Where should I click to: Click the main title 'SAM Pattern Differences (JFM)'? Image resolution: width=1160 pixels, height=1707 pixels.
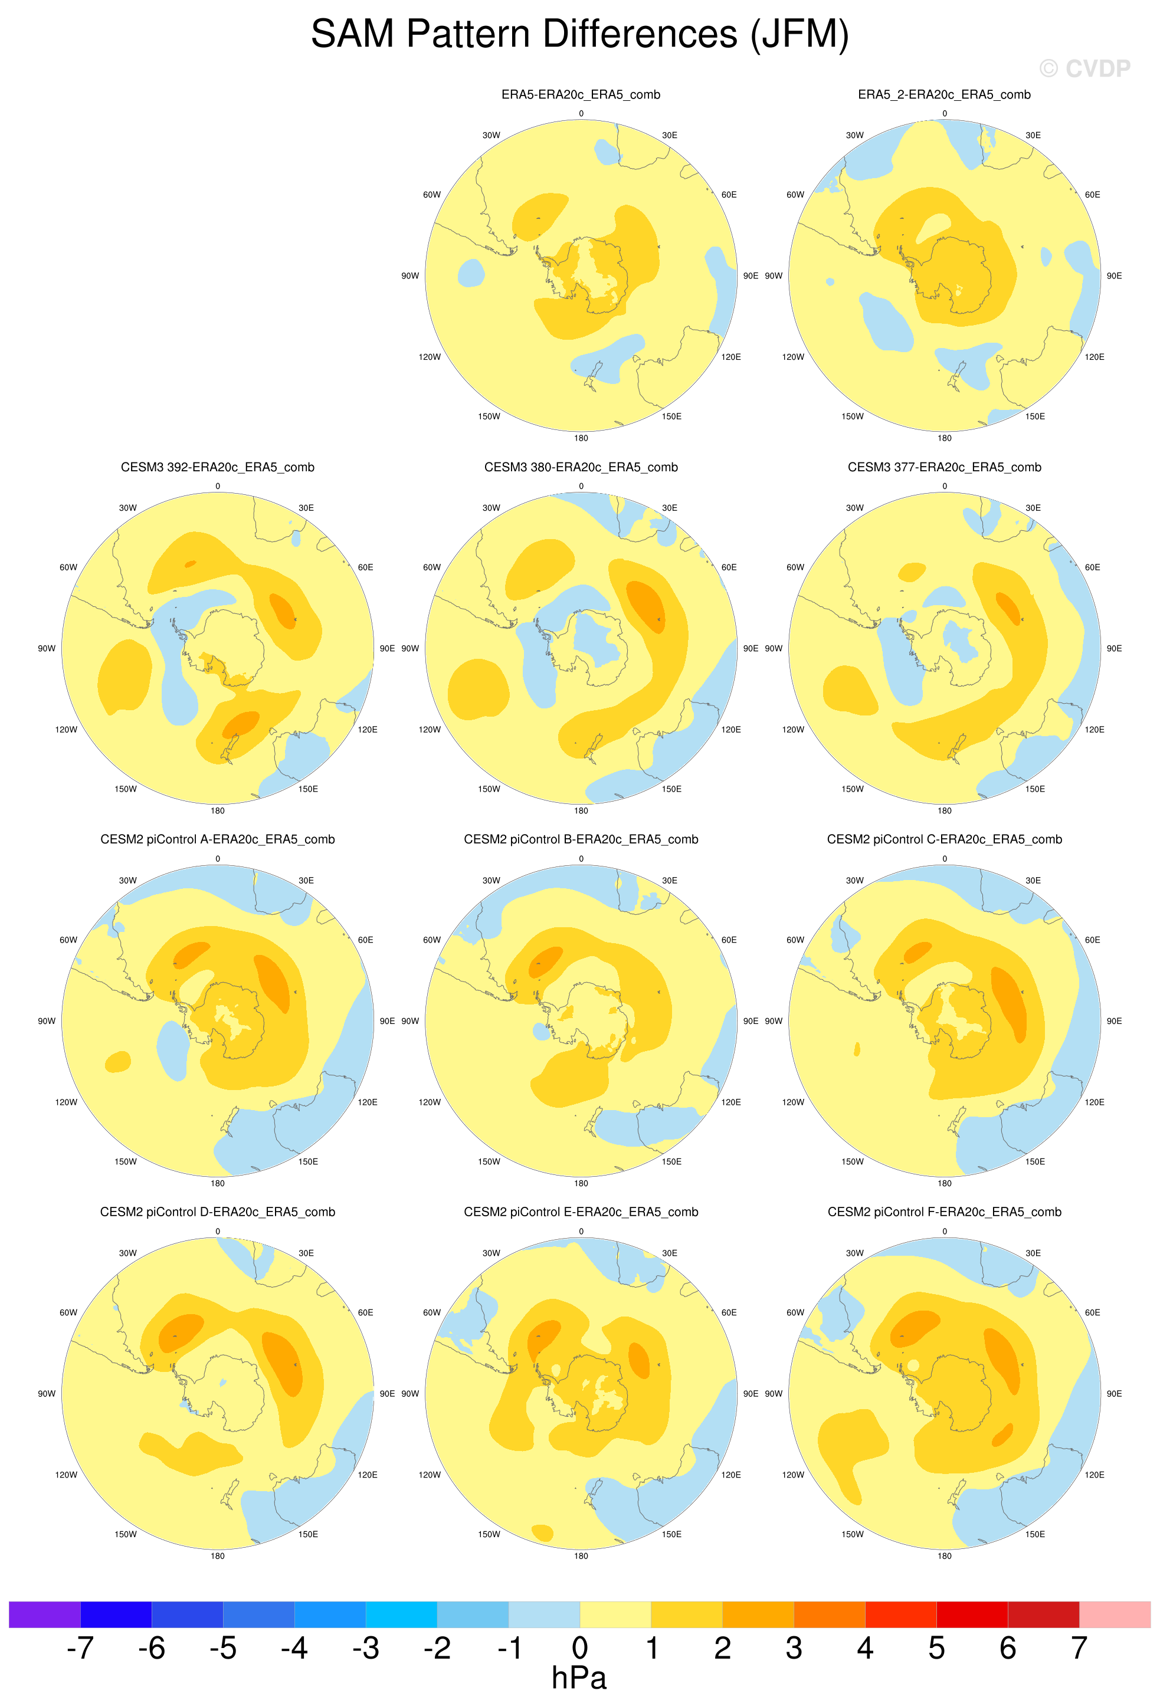(x=579, y=35)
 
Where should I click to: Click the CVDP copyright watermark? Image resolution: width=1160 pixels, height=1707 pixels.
(x=1084, y=68)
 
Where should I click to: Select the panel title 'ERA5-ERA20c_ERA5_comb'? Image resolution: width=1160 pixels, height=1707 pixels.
(x=581, y=95)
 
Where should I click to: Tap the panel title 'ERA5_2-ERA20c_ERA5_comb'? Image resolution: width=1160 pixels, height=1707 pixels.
(x=944, y=95)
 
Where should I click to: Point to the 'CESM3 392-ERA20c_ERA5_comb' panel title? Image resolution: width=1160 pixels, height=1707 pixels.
(x=218, y=467)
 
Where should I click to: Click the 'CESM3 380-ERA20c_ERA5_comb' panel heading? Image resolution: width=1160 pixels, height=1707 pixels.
(x=581, y=467)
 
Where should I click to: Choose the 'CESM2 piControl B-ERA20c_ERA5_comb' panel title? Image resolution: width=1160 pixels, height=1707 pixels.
(x=581, y=839)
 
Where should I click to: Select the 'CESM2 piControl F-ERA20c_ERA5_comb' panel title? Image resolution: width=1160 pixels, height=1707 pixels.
(x=944, y=1212)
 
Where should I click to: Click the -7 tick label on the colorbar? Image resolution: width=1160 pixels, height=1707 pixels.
(x=80, y=1647)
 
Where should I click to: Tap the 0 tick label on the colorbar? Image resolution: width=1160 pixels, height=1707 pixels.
(x=579, y=1647)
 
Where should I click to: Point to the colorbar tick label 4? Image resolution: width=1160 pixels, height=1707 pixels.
(x=864, y=1647)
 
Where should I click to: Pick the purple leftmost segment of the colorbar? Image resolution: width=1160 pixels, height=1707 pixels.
(x=44, y=1614)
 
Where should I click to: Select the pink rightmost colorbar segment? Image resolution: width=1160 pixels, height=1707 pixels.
(x=1115, y=1614)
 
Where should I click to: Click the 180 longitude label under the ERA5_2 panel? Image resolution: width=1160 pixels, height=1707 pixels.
(x=944, y=438)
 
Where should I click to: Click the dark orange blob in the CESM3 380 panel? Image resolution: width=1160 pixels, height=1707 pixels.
(x=645, y=605)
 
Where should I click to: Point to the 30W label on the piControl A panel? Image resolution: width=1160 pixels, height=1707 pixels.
(x=128, y=881)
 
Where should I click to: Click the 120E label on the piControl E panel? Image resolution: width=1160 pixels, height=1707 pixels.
(x=731, y=1475)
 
